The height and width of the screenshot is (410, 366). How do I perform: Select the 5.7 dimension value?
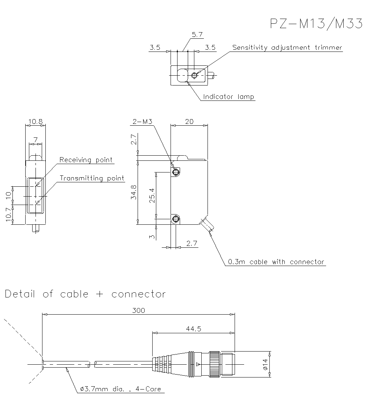pos(197,35)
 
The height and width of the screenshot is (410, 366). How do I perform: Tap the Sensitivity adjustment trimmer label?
pos(287,48)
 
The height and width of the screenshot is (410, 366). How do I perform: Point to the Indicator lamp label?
pos(228,97)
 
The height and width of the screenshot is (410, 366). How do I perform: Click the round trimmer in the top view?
pos(195,76)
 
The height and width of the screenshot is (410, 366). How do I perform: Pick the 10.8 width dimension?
pos(36,122)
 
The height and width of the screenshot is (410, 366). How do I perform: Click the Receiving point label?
pos(86,160)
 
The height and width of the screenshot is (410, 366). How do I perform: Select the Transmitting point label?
pos(92,178)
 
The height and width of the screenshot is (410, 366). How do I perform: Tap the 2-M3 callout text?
pos(142,122)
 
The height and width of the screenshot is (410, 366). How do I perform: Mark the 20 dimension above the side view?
pos(189,122)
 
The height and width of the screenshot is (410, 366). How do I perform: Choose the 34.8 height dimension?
pos(134,192)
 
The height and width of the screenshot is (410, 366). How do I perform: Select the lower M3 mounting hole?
pos(176,219)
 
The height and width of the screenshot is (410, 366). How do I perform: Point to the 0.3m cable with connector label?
pos(276,262)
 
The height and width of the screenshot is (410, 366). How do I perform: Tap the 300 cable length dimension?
pos(138,311)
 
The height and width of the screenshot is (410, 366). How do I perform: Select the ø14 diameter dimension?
pos(265,364)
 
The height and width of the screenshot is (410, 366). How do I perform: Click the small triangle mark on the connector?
pos(198,364)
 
